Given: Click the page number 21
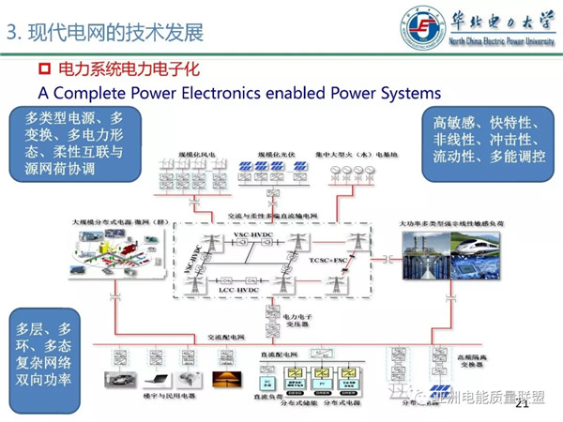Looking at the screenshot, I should pyautogui.click(x=523, y=403).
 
